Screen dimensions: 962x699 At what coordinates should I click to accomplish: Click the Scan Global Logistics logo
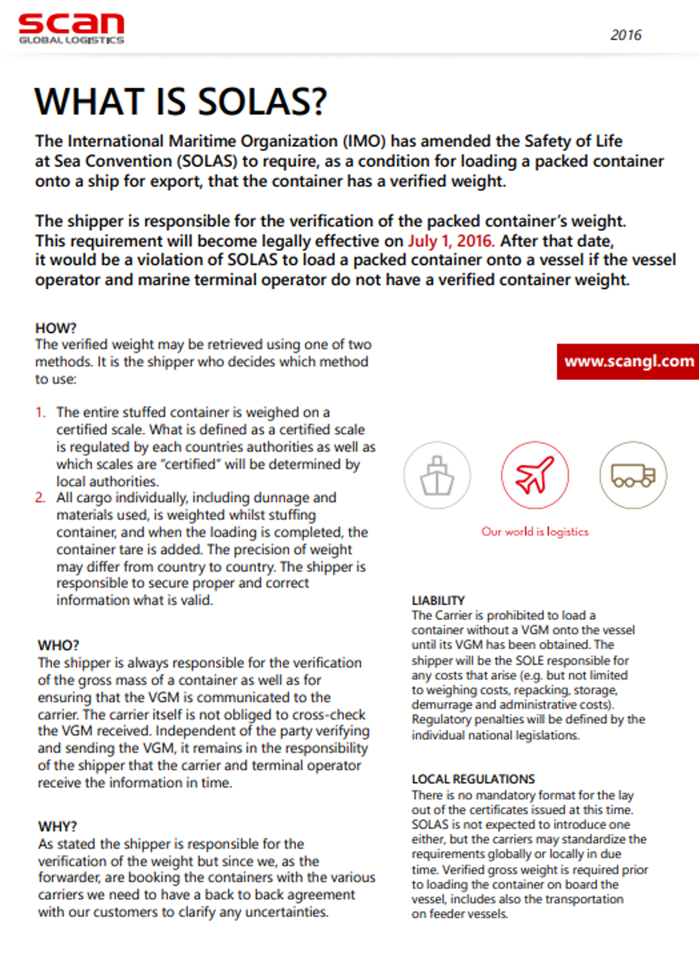click(71, 28)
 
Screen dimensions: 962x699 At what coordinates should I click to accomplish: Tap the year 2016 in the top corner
click(626, 35)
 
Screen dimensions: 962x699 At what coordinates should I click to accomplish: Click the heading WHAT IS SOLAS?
click(181, 101)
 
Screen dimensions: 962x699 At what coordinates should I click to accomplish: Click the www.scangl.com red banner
click(629, 361)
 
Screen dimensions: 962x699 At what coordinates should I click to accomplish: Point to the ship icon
click(437, 475)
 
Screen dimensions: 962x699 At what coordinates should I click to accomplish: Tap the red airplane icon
click(534, 475)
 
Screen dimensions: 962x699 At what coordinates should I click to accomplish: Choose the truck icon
click(633, 475)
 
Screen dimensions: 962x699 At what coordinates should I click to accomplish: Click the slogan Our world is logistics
click(535, 532)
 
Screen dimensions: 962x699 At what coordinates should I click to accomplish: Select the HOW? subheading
click(56, 328)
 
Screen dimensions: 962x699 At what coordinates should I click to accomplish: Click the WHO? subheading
click(59, 645)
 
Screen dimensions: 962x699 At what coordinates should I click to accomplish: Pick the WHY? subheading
click(57, 826)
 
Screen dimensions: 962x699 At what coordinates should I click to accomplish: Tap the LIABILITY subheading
click(438, 600)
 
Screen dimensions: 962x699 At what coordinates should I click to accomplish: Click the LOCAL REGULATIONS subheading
click(473, 779)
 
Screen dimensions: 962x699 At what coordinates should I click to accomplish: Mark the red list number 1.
click(40, 412)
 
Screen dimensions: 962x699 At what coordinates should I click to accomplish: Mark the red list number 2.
click(40, 497)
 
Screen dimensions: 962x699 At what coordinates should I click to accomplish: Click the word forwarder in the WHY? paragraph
click(62, 877)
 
